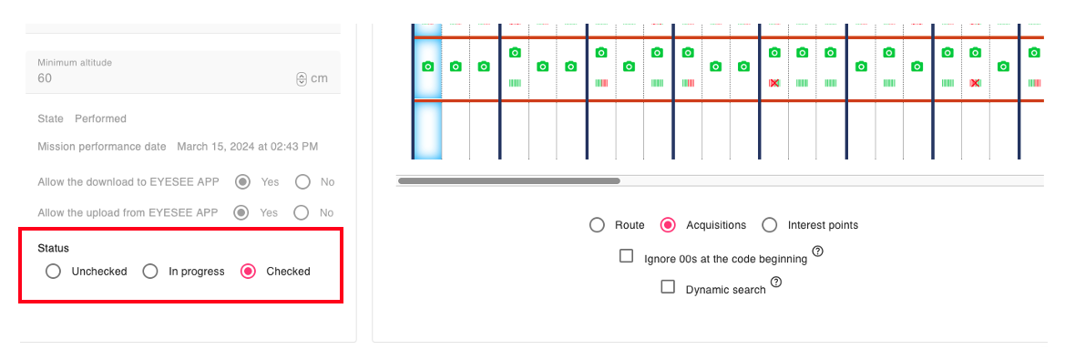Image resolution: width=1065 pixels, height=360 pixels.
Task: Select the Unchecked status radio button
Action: (53, 272)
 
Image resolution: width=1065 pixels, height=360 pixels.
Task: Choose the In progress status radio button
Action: (150, 272)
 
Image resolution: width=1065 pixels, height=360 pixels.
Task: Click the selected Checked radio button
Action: (249, 272)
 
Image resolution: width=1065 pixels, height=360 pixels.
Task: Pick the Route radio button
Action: (597, 225)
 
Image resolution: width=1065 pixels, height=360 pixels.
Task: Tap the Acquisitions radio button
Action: (669, 225)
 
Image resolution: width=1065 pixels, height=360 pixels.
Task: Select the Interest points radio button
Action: (770, 225)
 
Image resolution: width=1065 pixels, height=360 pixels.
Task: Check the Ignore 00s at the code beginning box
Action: (626, 256)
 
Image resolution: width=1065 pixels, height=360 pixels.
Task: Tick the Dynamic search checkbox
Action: (669, 287)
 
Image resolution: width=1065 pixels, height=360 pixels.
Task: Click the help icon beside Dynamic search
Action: (776, 282)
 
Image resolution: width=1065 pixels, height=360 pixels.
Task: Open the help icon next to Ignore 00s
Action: (818, 252)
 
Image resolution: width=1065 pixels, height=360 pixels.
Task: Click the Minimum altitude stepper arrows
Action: (302, 78)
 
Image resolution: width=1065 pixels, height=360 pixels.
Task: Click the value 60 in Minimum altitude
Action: (45, 78)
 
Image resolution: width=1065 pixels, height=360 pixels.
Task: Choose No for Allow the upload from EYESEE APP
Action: (303, 212)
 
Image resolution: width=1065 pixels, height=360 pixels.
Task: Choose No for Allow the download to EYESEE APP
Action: (303, 182)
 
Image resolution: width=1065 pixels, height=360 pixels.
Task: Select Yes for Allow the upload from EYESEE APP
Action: (241, 212)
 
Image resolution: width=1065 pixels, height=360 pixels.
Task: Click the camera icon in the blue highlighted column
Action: (428, 67)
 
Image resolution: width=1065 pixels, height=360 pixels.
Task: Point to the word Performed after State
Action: (100, 118)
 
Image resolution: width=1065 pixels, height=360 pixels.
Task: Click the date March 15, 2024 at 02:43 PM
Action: (247, 146)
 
